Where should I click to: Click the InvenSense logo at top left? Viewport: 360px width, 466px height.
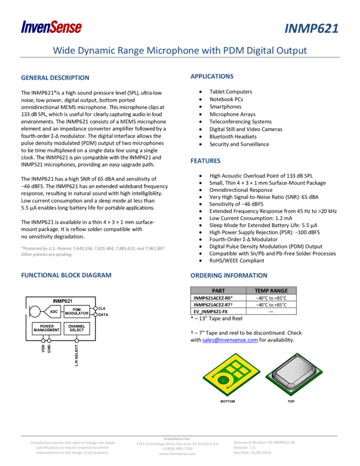coord(52,26)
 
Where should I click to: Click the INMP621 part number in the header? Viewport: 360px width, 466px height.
coord(311,29)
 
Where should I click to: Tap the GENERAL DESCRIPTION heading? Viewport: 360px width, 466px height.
coord(55,78)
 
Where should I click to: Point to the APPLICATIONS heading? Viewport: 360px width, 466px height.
coord(212,76)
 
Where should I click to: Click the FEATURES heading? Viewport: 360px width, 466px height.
coord(205,161)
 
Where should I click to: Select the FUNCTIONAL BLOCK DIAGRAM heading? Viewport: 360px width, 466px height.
coord(66,275)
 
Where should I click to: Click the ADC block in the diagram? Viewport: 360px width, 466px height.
coord(54,312)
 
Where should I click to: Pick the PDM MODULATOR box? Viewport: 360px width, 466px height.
coord(77,311)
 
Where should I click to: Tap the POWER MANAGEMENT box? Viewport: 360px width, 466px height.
coord(47,328)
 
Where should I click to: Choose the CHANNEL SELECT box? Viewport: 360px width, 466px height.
coord(77,328)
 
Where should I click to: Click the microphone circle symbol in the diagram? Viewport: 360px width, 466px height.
coord(35,312)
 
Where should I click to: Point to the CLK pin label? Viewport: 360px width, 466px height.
coord(101,309)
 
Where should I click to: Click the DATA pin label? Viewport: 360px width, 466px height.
coord(103,315)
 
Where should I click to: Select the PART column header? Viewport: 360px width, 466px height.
coord(218,291)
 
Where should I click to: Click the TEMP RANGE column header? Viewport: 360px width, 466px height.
coord(271,291)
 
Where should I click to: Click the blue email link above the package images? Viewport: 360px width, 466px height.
coord(230,340)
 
